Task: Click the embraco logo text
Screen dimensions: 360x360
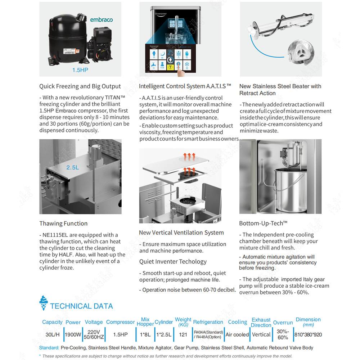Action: pos(101,19)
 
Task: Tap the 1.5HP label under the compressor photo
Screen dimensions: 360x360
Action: pos(80,70)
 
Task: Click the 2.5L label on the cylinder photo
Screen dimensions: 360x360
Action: pos(72,167)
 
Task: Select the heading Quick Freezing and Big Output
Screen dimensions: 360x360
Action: pos(80,86)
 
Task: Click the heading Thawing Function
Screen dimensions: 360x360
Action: pos(63,224)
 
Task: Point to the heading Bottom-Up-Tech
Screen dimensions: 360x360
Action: pos(263,224)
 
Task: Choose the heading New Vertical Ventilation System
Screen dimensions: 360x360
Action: pos(181,233)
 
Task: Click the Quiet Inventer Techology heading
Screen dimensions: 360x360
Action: pos(173,262)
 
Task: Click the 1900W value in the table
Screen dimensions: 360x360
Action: pos(73,334)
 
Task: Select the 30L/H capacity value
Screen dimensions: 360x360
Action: pos(52,334)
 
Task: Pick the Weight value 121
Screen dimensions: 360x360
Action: pos(183,334)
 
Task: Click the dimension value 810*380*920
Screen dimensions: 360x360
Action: pos(308,334)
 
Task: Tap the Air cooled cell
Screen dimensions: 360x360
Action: pos(237,334)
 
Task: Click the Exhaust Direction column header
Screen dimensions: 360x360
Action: pos(261,322)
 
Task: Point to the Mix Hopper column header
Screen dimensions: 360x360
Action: pos(145,321)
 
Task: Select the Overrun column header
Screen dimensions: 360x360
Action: pos(283,323)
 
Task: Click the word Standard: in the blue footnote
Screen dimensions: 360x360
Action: pos(49,348)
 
